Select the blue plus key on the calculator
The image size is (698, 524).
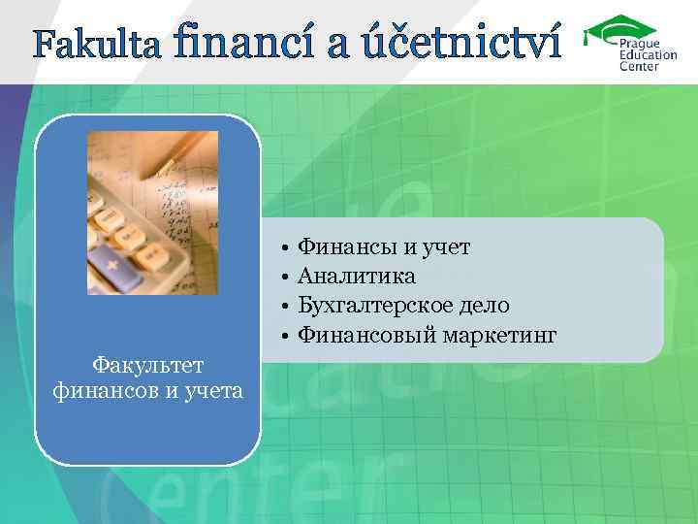113,263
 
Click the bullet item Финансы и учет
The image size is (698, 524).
384,247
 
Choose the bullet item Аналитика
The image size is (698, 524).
356,277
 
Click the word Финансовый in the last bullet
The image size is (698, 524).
367,336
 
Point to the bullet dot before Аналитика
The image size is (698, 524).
288,278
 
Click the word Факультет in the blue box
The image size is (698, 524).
147,366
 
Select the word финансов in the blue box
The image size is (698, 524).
100,390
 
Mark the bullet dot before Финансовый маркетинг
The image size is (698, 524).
288,337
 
